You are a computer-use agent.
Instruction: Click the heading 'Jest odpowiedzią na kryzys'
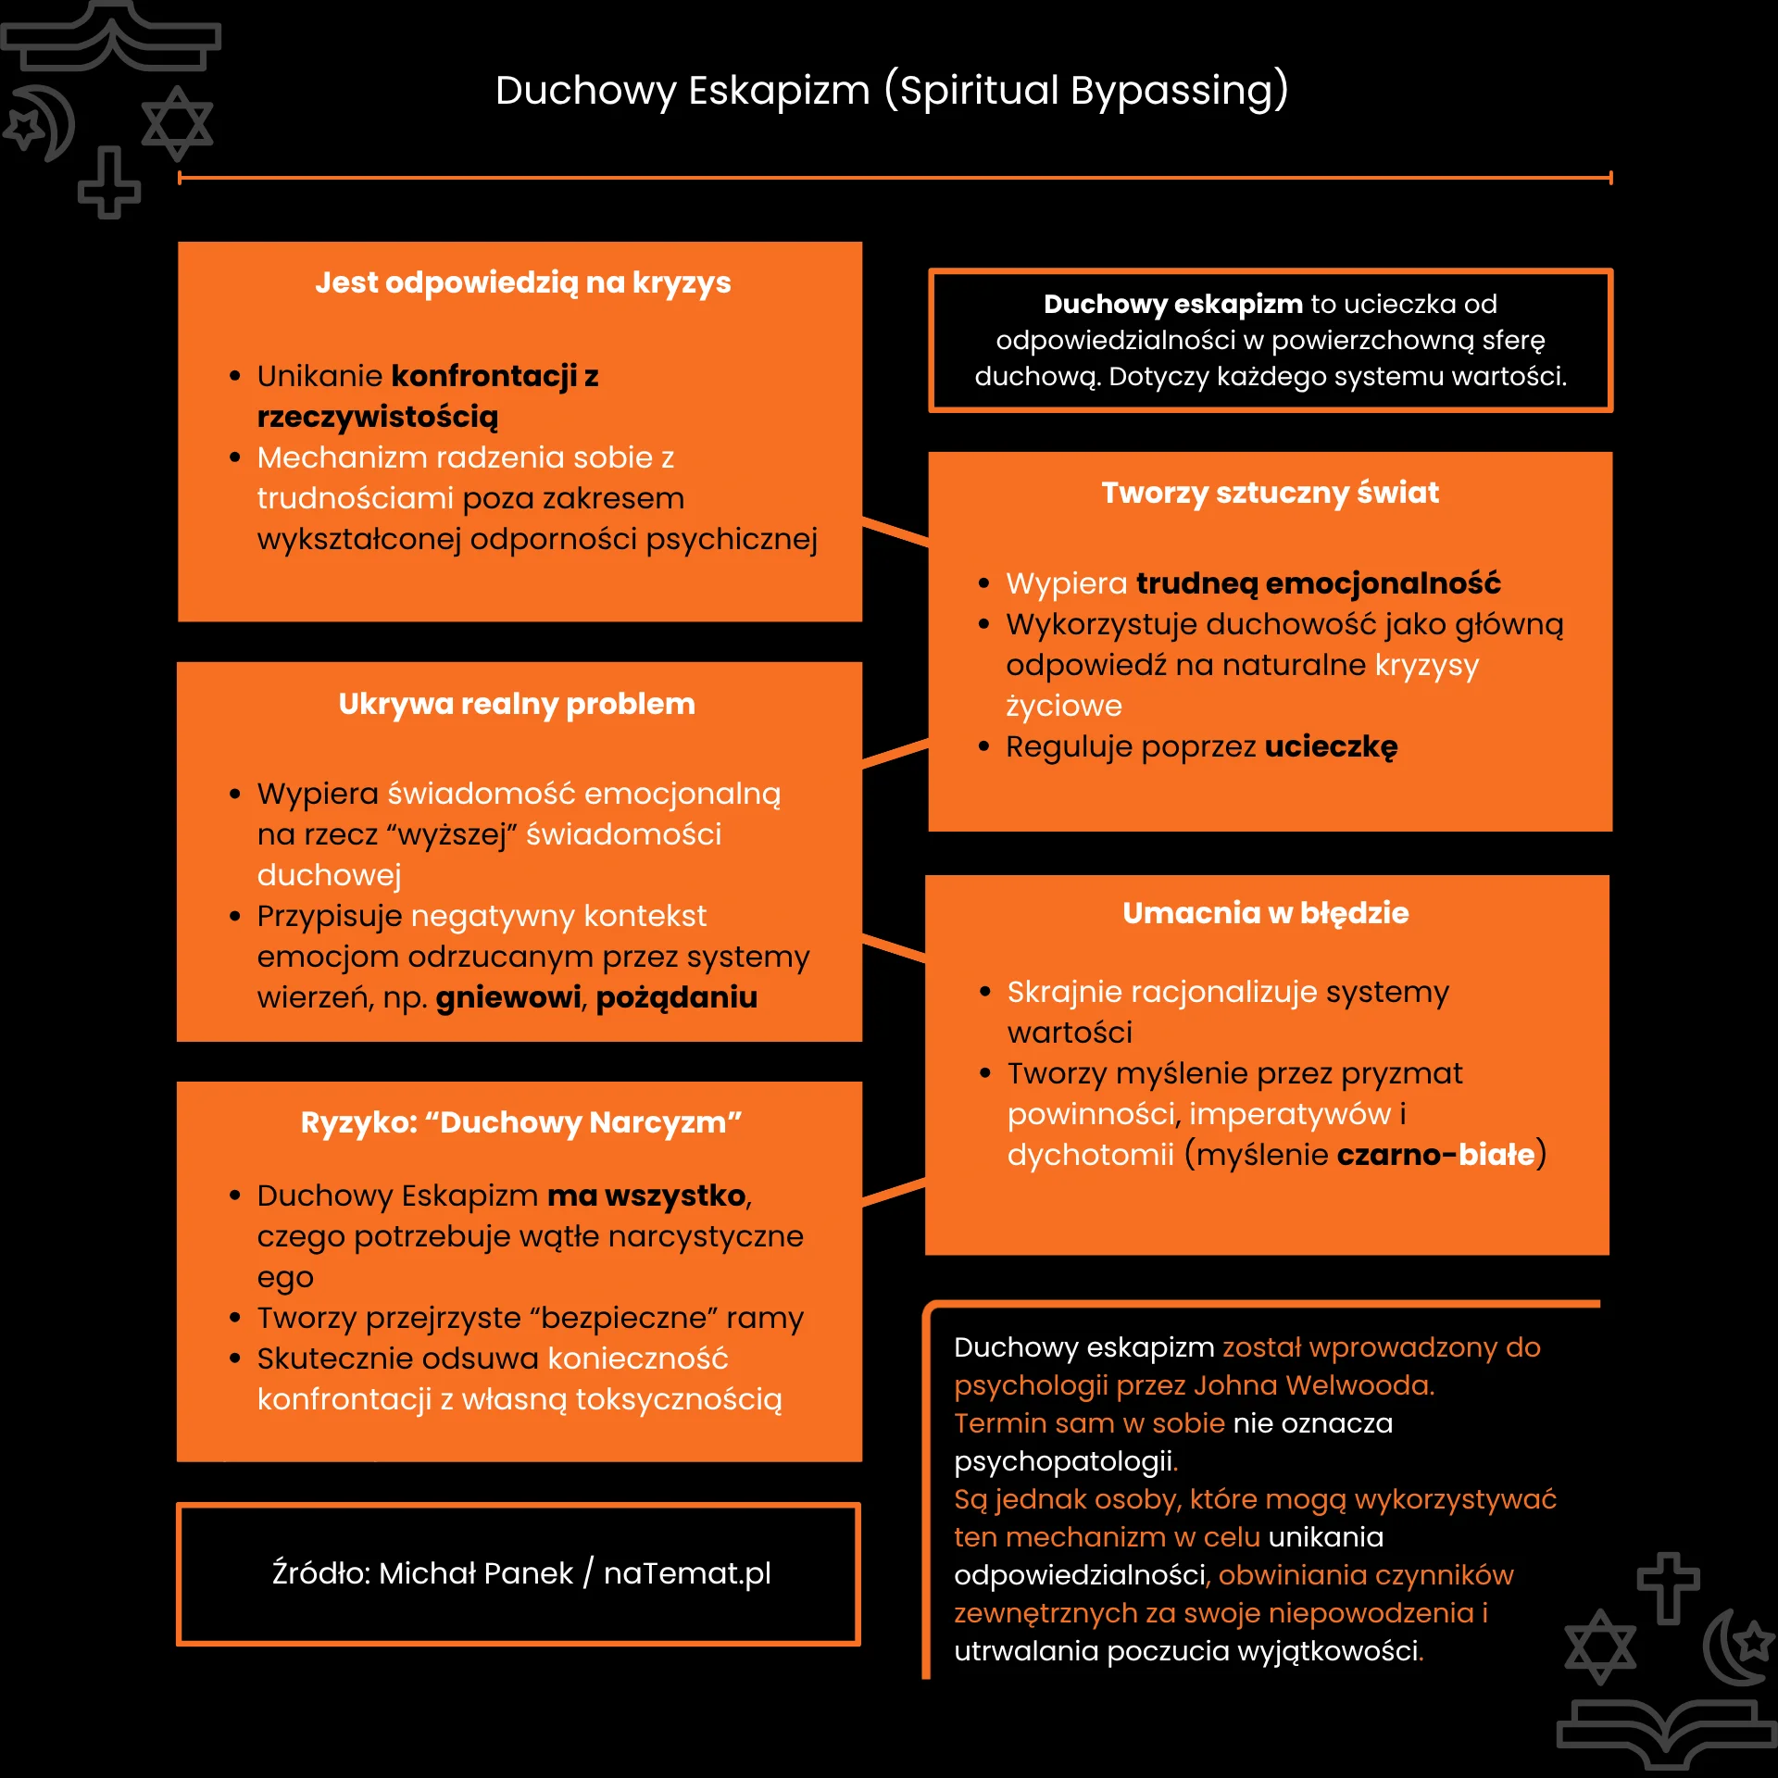523,283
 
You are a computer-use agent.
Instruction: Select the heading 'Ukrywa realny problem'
517,705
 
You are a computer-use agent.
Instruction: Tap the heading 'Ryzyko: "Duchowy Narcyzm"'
521,1123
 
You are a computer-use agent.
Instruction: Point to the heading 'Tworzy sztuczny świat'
1271,494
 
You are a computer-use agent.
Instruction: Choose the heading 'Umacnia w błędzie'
1266,913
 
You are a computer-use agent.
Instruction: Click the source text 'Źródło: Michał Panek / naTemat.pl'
521,1573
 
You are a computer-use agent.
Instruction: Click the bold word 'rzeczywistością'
378,418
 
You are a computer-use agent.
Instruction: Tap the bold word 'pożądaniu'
677,998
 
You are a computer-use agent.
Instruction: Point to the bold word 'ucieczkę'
1332,747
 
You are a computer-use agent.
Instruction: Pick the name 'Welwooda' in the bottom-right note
1359,1385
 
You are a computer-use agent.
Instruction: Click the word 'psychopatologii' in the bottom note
1063,1461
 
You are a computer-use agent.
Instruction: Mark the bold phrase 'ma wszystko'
646,1196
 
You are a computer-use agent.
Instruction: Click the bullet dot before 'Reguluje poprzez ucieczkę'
984,747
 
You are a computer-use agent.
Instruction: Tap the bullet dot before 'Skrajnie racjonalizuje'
985,993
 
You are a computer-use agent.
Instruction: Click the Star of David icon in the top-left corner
178,123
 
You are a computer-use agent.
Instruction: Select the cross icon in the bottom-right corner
1669,1588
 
